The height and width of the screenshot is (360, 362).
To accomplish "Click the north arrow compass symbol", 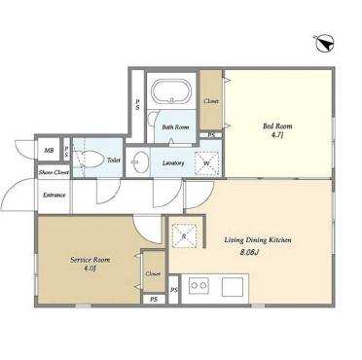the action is (325, 44).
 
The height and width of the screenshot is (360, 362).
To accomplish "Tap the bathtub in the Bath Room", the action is (171, 91).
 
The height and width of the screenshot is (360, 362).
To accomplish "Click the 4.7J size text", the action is (277, 135).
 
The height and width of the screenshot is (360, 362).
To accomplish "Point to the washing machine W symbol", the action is (207, 163).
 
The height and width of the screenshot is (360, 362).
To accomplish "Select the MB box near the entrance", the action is (49, 150).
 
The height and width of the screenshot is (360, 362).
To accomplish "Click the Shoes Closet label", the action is (54, 173).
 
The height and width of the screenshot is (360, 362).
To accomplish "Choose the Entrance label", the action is (54, 196).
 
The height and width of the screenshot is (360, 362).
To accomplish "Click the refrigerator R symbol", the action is (184, 235).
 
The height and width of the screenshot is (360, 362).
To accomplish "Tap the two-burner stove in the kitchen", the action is (199, 285).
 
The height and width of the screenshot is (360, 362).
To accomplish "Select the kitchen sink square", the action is (233, 286).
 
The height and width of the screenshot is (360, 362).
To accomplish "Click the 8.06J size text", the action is (249, 253).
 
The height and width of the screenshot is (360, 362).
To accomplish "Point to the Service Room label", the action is (90, 260).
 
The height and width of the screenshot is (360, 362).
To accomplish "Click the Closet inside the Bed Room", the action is (211, 100).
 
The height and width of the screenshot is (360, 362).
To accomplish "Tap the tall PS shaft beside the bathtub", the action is (137, 104).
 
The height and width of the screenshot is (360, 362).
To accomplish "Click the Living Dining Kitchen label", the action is (258, 240).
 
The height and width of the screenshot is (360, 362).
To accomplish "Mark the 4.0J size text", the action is (90, 269).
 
